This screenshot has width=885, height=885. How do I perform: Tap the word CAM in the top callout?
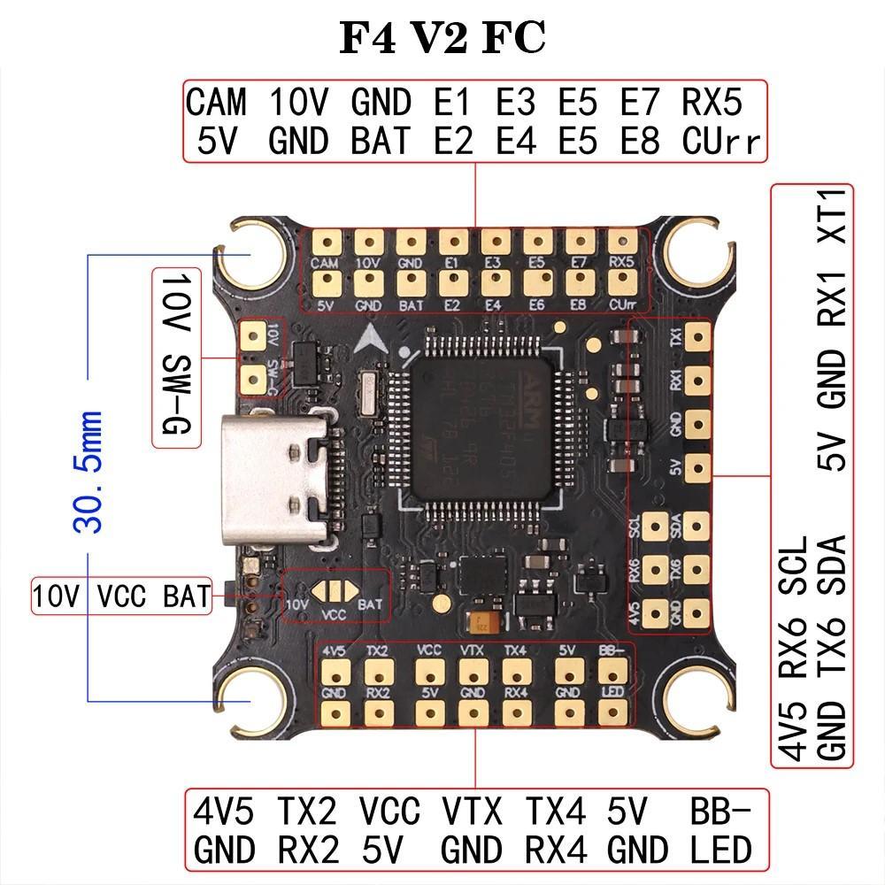point(216,103)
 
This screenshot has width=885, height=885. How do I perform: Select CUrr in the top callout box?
point(721,142)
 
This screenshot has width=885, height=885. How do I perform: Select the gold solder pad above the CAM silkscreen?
point(327,242)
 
